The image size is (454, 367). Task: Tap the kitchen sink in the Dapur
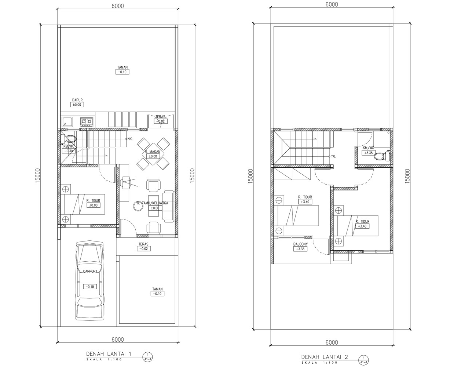[x=67, y=122]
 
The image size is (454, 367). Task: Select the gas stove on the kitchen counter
[x=87, y=122]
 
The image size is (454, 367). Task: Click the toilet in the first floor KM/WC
[x=69, y=139]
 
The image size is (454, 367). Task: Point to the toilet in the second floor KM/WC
[x=381, y=156]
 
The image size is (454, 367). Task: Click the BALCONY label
[x=300, y=244]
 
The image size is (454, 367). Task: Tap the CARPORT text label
[x=90, y=271]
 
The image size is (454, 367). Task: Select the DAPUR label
[x=77, y=100]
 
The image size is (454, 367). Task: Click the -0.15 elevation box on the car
[x=90, y=287]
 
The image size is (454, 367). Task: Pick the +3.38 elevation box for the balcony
[x=300, y=249]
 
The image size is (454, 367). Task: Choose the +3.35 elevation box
[x=368, y=153]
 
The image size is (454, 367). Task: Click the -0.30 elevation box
[x=69, y=151]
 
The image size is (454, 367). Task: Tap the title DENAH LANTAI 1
[x=109, y=354]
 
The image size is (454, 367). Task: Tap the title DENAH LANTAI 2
[x=325, y=357]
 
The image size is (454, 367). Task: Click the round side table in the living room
[x=138, y=206]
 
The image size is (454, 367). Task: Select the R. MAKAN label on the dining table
[x=153, y=152]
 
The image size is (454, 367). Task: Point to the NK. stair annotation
[x=130, y=139]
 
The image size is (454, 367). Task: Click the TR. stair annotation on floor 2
[x=333, y=157]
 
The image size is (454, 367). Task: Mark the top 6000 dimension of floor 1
[x=118, y=6]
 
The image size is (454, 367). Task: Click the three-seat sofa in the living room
[x=168, y=206]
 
